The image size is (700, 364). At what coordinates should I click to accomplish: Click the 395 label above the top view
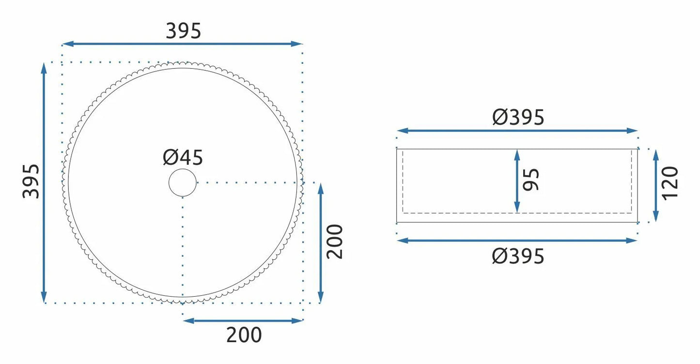(x=184, y=31)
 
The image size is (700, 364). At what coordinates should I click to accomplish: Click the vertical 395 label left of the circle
(x=31, y=181)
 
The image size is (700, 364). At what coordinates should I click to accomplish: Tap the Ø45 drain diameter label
(x=183, y=158)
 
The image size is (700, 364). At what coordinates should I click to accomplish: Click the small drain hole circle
(x=183, y=183)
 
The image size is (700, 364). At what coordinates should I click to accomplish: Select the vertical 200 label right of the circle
(x=335, y=242)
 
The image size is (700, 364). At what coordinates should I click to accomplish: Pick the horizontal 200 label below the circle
(x=244, y=335)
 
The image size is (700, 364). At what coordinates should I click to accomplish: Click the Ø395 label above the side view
(x=518, y=117)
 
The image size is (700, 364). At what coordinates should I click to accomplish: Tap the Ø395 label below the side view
(x=518, y=256)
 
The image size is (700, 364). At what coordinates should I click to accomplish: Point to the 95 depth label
(x=531, y=179)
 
